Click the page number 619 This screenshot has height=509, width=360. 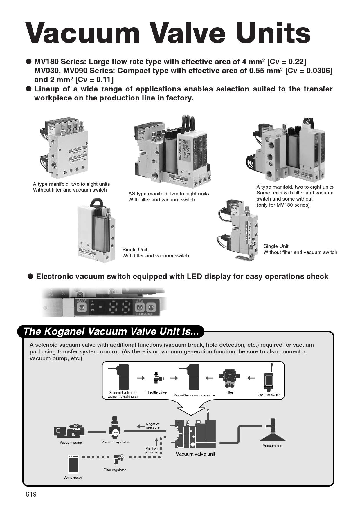pyautogui.click(x=31, y=494)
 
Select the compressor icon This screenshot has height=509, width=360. pyautogui.click(x=73, y=464)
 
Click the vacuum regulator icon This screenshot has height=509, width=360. pyautogui.click(x=115, y=427)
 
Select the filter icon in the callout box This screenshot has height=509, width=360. pyautogui.click(x=229, y=378)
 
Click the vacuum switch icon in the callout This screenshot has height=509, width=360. pyautogui.click(x=268, y=380)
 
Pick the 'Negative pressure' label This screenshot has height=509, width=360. pyautogui.click(x=153, y=426)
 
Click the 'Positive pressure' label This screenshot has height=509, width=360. pyautogui.click(x=152, y=450)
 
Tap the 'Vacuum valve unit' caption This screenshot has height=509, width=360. pyautogui.click(x=195, y=454)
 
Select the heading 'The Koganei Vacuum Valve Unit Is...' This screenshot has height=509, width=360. pyautogui.click(x=111, y=331)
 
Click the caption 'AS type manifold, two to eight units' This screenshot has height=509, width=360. pyautogui.click(x=168, y=194)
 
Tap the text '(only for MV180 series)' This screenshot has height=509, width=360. pyautogui.click(x=283, y=205)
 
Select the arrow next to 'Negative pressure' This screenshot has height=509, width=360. pyautogui.click(x=141, y=426)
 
